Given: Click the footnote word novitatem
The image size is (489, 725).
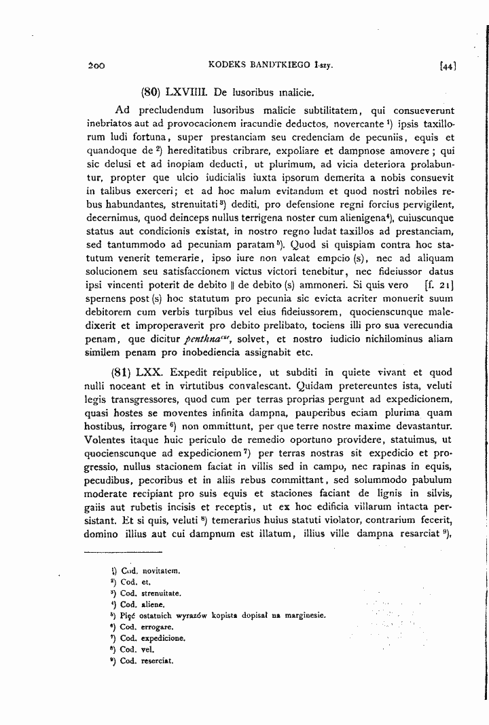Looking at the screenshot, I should point(159,571).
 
